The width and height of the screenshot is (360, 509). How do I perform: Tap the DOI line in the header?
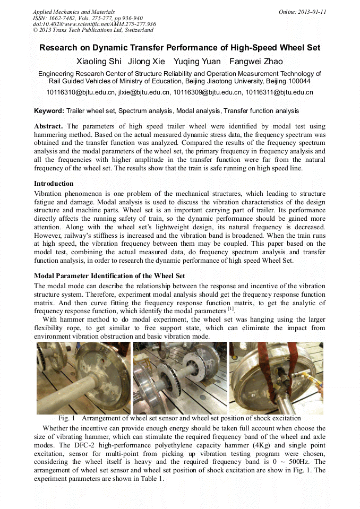tap(95, 24)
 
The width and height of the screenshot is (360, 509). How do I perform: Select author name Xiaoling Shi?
tap(99, 62)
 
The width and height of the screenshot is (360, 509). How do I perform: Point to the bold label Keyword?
tap(49, 111)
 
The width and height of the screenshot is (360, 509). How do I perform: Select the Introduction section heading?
tap(54, 184)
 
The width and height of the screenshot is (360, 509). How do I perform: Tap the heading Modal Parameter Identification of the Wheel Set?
tap(109, 276)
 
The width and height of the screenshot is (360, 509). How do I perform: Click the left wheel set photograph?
tap(83, 377)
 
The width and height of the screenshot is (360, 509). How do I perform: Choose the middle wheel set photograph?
tap(180, 377)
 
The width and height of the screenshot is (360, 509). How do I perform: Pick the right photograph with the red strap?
tap(276, 377)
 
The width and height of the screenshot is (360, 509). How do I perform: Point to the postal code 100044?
tap(298, 82)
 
